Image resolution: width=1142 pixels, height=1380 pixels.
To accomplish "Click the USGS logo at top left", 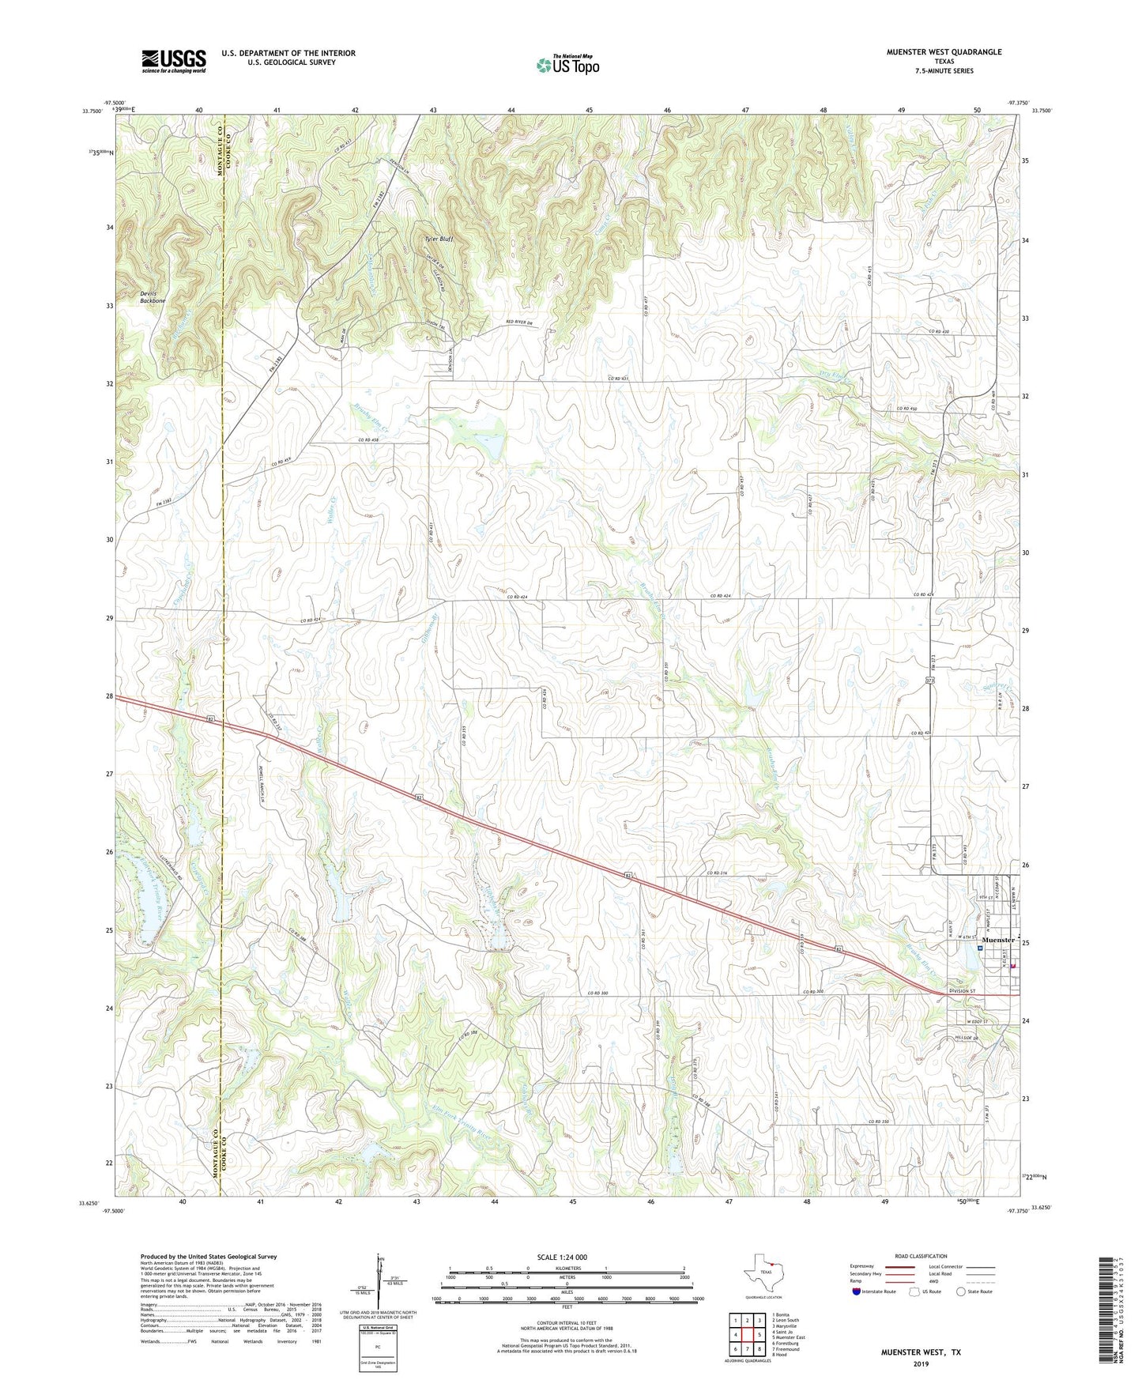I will click(174, 60).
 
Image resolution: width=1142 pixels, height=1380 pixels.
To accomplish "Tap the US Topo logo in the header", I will click(567, 65).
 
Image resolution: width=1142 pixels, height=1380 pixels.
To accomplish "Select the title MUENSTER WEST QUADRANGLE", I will click(944, 52).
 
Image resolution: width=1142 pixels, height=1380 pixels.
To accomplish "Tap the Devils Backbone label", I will click(153, 297).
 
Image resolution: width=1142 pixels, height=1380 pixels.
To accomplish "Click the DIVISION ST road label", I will click(962, 991).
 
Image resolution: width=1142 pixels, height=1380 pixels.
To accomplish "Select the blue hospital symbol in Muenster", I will click(980, 948).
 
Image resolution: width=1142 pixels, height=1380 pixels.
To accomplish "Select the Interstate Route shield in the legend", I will click(857, 1291).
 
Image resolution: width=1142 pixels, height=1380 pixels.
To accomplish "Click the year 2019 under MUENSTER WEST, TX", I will click(921, 1363).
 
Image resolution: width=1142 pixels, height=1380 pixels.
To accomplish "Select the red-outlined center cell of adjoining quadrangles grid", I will click(746, 1334).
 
